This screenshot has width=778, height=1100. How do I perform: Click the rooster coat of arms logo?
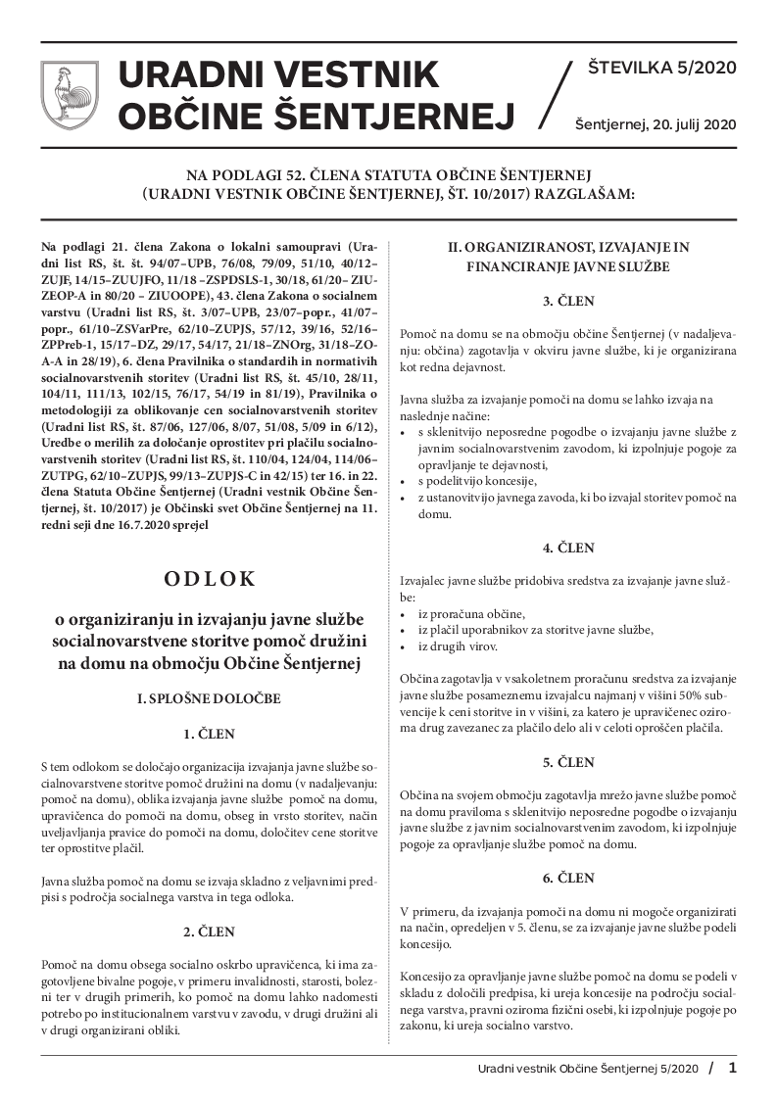point(70,97)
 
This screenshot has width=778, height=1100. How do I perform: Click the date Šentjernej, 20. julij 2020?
point(655,124)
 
